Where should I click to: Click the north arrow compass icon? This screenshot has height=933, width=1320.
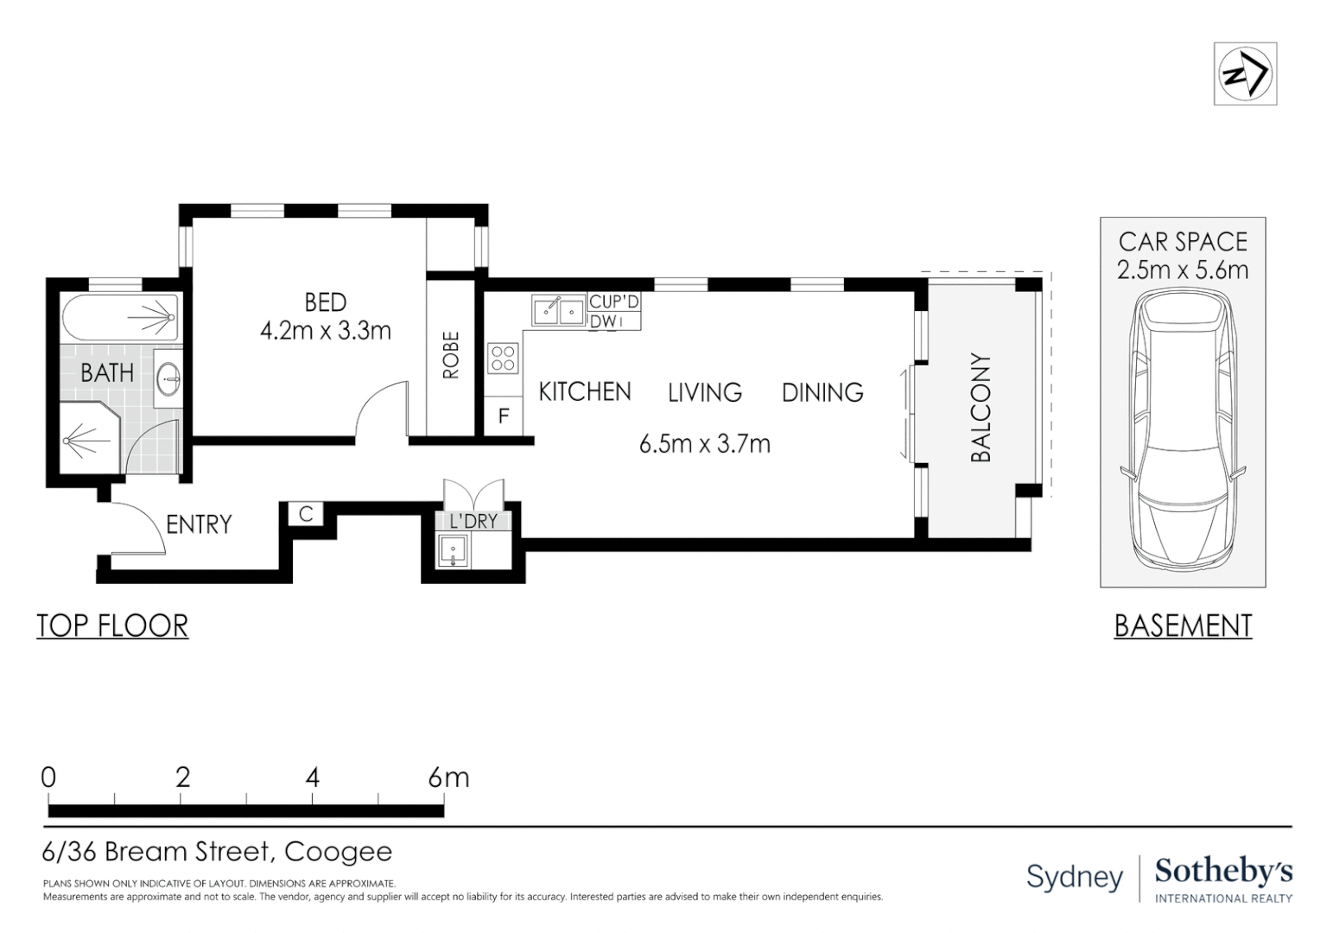[1245, 73]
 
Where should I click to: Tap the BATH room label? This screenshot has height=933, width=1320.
[107, 373]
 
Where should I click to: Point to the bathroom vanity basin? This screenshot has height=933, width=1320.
[168, 378]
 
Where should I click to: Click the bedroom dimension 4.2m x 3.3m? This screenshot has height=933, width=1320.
[326, 331]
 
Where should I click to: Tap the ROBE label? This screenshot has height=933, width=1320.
[451, 355]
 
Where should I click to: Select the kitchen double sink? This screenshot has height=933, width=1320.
[558, 310]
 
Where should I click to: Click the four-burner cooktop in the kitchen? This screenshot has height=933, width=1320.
[503, 358]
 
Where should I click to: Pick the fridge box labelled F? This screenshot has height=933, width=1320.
[504, 416]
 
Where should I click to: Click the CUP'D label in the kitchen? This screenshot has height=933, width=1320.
[613, 302]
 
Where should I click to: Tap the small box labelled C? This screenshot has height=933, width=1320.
[306, 514]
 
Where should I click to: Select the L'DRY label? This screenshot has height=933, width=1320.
[473, 522]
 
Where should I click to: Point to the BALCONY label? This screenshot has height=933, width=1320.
[980, 408]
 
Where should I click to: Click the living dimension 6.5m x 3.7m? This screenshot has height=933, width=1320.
[704, 444]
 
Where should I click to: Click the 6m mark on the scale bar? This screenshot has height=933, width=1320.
[448, 777]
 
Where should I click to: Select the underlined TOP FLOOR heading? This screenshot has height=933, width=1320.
[112, 625]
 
